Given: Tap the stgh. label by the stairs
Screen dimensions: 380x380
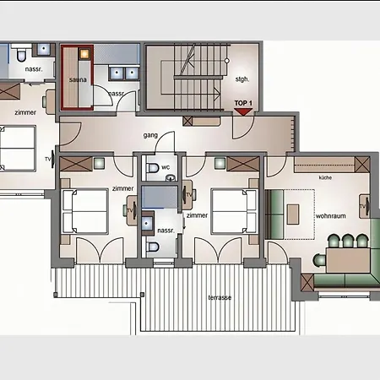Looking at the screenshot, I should pyautogui.click(x=242, y=79).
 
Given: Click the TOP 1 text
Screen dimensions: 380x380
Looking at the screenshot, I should pyautogui.click(x=243, y=102).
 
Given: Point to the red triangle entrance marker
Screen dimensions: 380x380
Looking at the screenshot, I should pyautogui.click(x=243, y=111).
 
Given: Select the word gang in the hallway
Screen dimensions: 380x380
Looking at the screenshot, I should pyautogui.click(x=150, y=133).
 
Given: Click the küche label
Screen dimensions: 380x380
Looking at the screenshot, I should pyautogui.click(x=325, y=179).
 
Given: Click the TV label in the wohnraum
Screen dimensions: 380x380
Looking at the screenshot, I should pyautogui.click(x=362, y=205).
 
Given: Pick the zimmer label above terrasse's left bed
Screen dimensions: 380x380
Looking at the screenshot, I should pyautogui.click(x=122, y=191).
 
